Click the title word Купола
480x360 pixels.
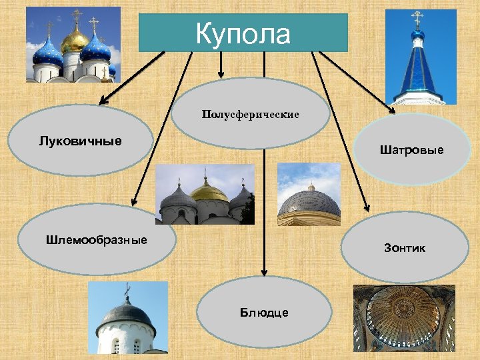point(243,33)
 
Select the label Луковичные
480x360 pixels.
point(80,141)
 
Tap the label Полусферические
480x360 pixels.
point(251,115)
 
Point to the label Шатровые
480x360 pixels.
point(411,151)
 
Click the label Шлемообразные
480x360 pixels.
point(97,239)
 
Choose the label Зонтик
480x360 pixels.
point(404,248)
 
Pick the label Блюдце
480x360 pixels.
point(265,313)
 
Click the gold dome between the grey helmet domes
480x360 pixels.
point(209,193)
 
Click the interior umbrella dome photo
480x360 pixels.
point(403,318)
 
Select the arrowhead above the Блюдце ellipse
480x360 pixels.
point(264,272)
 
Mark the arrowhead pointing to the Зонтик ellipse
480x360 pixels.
point(366,207)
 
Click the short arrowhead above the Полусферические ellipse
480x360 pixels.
point(221,73)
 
